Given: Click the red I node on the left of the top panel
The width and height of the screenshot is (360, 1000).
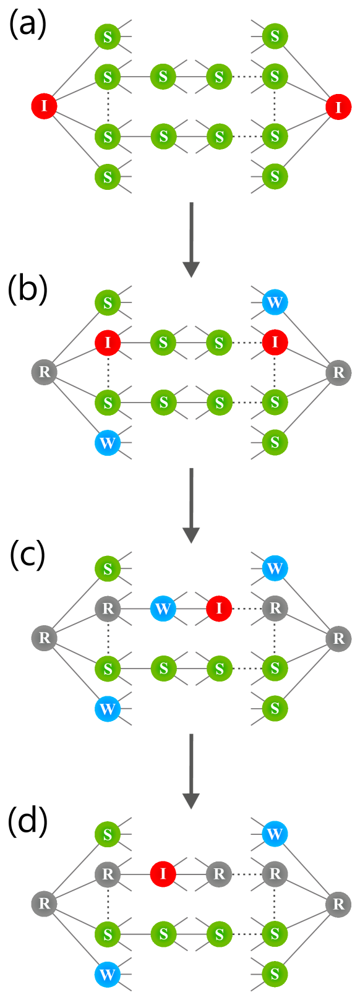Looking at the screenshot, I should (x=44, y=106).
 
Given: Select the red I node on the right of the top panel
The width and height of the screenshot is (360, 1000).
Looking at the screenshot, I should (x=338, y=107).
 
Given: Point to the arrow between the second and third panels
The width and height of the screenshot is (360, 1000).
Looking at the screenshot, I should (x=191, y=505).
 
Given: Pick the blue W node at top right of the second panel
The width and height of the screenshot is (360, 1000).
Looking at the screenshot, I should (x=275, y=302).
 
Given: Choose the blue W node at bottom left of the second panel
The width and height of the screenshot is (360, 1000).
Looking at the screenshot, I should (x=108, y=443).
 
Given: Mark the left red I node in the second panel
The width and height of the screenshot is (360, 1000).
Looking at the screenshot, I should (x=108, y=342).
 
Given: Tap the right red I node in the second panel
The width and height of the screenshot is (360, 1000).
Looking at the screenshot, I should (x=275, y=342).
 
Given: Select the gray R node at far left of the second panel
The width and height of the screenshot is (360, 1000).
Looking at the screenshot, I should (x=44, y=372).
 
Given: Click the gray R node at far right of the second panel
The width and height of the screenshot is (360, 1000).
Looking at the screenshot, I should (x=338, y=372).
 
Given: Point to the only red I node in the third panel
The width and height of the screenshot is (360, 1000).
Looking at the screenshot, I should (x=219, y=609).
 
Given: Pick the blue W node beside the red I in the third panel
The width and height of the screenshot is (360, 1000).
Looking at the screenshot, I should (x=163, y=609).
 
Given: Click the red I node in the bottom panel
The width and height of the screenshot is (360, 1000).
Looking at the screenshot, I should (x=163, y=874).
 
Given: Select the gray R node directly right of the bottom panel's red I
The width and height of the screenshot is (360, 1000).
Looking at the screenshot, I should (x=219, y=874).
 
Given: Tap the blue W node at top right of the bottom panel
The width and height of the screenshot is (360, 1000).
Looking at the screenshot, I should (x=275, y=834).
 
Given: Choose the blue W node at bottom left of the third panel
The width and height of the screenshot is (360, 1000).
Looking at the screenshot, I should (x=108, y=709).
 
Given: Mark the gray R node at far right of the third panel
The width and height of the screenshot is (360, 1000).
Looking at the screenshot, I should (x=338, y=638).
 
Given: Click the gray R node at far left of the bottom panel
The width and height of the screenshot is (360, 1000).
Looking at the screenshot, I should (x=44, y=904).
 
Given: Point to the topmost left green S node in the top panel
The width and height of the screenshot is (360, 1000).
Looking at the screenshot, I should (x=108, y=36).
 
